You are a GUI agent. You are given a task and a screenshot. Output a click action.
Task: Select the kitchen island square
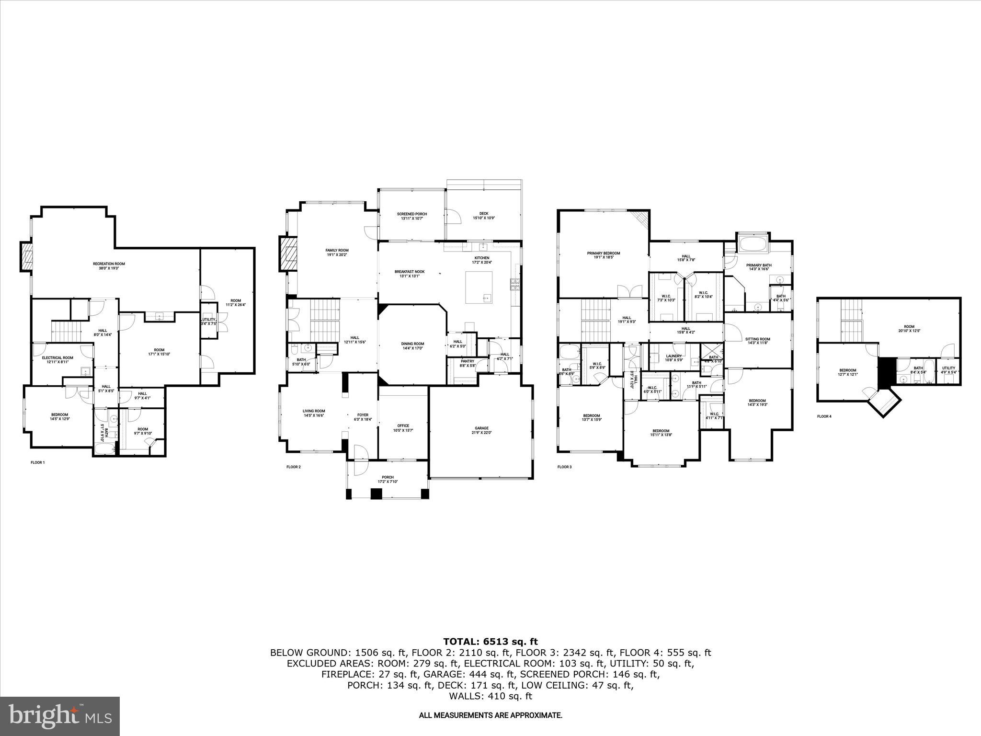(x=479, y=287)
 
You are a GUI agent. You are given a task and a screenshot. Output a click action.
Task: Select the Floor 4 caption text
(x=824, y=416)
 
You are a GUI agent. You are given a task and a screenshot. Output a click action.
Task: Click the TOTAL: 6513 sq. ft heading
(x=490, y=642)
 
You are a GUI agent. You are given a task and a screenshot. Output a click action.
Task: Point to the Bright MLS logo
(x=60, y=716)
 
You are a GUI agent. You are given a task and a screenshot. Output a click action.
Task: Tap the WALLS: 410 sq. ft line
(x=490, y=696)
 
